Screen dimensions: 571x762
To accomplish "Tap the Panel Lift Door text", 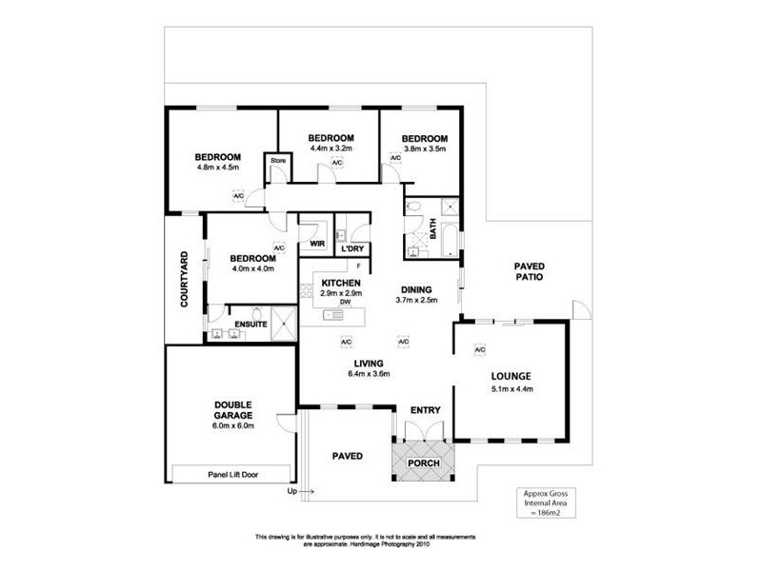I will tap(233, 473).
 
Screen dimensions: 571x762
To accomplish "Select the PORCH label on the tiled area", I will tap(424, 463).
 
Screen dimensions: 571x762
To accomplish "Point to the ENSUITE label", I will tap(235, 324).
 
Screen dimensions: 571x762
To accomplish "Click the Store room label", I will tap(278, 161).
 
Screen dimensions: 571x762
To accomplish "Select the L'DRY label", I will tap(353, 250).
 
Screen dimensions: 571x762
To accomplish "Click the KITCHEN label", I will tap(340, 284).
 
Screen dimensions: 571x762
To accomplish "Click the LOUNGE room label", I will tap(511, 375).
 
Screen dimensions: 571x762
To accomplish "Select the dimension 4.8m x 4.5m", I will tap(217, 167).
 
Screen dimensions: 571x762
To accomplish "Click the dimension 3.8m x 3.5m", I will tap(424, 148).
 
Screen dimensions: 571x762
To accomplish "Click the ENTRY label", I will tap(425, 409).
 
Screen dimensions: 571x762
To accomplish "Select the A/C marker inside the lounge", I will tap(480, 349).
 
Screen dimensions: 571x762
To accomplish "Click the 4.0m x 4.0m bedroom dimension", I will tap(253, 268).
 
